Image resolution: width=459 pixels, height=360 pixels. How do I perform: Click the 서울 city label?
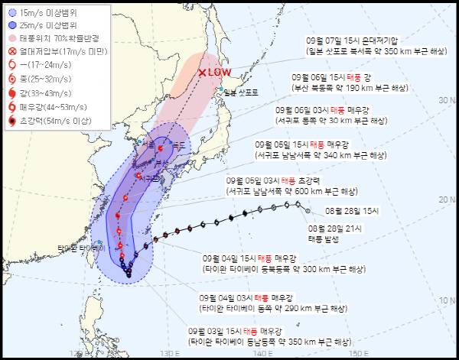pos(149,144)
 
